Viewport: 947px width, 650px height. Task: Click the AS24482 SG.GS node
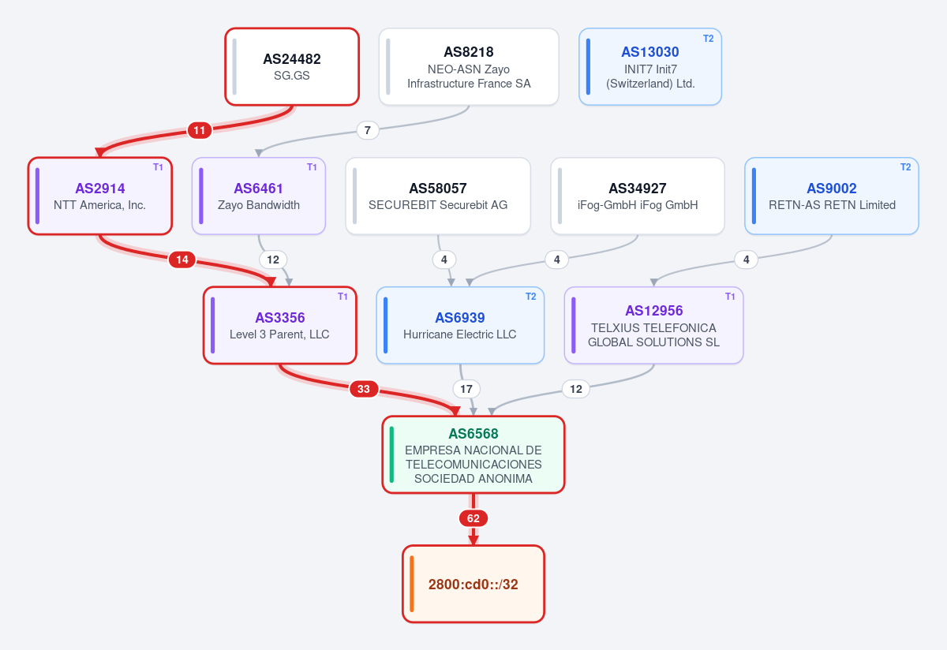tap(292, 67)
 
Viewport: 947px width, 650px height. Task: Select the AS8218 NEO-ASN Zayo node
tap(469, 67)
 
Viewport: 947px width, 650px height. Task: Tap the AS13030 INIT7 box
tap(649, 67)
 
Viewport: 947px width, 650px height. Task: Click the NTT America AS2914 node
tap(99, 196)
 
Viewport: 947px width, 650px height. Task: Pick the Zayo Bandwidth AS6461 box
tap(258, 196)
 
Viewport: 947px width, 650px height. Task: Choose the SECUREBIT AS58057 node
tap(438, 196)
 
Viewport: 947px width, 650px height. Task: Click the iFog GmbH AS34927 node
tap(638, 196)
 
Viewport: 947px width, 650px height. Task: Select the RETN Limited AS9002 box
tap(832, 196)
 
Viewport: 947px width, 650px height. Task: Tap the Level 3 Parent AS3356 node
tap(280, 326)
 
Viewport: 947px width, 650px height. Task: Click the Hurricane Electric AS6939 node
tap(460, 326)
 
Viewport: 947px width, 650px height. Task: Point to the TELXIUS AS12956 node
tap(653, 326)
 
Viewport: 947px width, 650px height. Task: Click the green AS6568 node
tap(473, 454)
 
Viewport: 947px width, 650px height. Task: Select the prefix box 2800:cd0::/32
tap(473, 584)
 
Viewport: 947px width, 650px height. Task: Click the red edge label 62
tap(473, 518)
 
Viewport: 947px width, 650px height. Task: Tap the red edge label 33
tap(364, 389)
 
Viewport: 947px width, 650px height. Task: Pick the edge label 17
tap(466, 389)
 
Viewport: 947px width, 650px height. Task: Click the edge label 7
tap(368, 130)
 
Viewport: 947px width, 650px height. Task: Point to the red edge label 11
tap(200, 130)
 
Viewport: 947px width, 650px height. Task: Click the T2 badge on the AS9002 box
tap(906, 167)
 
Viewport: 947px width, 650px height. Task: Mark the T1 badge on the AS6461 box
tap(312, 167)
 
